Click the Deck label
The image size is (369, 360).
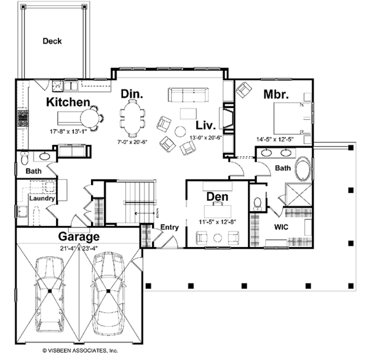pos(52,42)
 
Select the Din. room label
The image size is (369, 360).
pos(132,95)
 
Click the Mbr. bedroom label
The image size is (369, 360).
pos(278,95)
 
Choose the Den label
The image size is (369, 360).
pos(218,197)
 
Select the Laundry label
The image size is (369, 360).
pos(43,199)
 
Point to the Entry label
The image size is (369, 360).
pos(169,227)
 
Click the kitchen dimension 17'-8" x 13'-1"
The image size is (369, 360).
pos(69,131)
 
